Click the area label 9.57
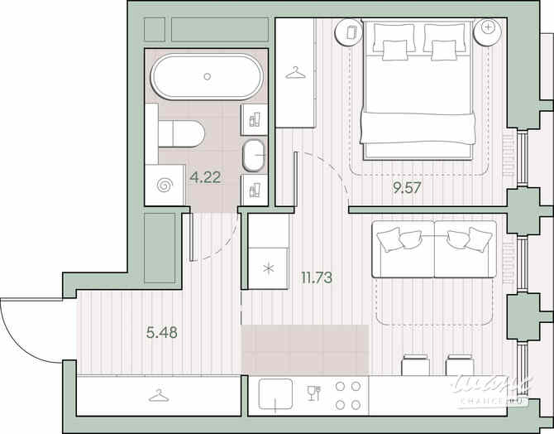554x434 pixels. pyautogui.click(x=407, y=188)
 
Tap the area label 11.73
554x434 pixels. pyautogui.click(x=317, y=277)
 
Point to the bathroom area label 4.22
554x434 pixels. pyautogui.click(x=205, y=176)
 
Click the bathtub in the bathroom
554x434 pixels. pyautogui.click(x=206, y=77)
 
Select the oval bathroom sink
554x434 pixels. pyautogui.click(x=254, y=154)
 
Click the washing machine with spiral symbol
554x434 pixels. pyautogui.click(x=165, y=186)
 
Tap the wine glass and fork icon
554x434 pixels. pyautogui.click(x=313, y=393)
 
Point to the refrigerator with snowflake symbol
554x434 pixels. pyautogui.click(x=268, y=268)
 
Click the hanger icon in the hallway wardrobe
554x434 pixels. pyautogui.click(x=159, y=395)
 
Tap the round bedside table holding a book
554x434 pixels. pyautogui.click(x=349, y=32)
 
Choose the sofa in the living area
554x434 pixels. pyautogui.click(x=434, y=247)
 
